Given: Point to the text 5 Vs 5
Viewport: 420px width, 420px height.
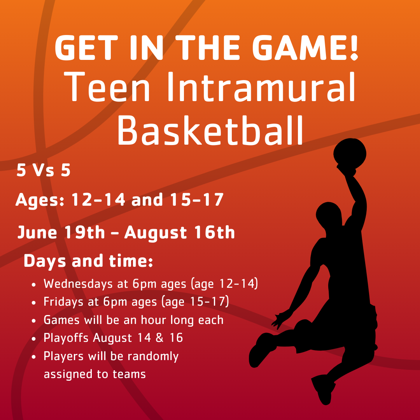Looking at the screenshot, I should click(44, 171).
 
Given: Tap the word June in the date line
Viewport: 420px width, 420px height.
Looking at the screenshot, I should click(37, 233).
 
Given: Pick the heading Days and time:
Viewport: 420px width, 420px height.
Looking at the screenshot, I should click(88, 261).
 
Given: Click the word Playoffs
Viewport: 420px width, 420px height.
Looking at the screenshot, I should click(66, 338).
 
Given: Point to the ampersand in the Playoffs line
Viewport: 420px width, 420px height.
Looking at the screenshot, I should click(159, 338).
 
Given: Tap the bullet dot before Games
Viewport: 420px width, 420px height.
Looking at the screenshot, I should click(35, 320).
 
